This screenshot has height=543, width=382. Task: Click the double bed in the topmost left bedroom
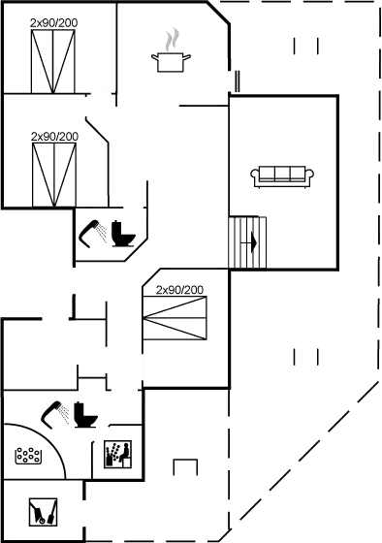point(54,58)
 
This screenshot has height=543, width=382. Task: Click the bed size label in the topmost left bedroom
point(53,21)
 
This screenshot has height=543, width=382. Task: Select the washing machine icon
point(117,453)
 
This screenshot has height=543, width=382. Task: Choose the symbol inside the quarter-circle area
point(28,454)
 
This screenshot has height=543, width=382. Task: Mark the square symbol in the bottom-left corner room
point(42,509)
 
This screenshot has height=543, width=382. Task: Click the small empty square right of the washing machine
point(184,467)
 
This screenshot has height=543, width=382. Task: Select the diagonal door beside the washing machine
point(103,432)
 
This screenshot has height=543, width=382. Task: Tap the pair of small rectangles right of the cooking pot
point(305,45)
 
